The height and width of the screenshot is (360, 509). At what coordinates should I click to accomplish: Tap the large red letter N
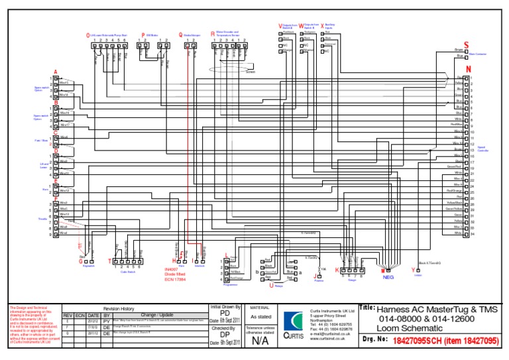pyautogui.click(x=469, y=69)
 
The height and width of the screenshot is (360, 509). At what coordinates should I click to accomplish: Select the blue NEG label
pyautogui.click(x=388, y=278)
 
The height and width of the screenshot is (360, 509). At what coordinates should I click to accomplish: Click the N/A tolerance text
pyautogui.click(x=260, y=340)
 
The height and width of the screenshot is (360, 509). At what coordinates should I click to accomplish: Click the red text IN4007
pyautogui.click(x=172, y=269)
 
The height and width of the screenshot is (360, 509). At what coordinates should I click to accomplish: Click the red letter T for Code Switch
pyautogui.click(x=110, y=261)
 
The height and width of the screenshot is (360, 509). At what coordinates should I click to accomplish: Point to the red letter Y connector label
pyautogui.click(x=414, y=270)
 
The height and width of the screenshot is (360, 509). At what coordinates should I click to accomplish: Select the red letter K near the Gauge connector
pyautogui.click(x=336, y=270)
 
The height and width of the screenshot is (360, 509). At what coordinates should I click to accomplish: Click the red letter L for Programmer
pyautogui.click(x=227, y=255)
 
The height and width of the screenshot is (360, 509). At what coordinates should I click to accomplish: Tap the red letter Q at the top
pyautogui.click(x=180, y=34)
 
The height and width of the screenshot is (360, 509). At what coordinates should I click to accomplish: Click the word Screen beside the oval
pyautogui.click(x=250, y=72)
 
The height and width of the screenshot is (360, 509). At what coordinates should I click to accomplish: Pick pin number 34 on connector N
pyautogui.click(x=472, y=233)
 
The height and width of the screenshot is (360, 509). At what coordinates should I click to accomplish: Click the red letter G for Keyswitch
pyautogui.click(x=80, y=261)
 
